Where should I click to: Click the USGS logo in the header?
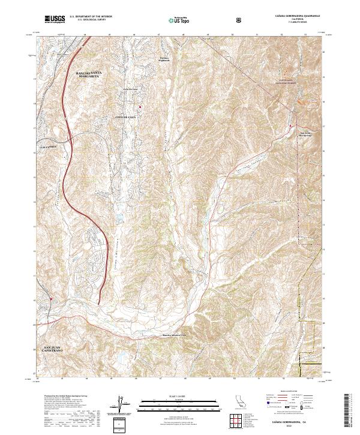pos(55,20)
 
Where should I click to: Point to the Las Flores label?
pos(46,147)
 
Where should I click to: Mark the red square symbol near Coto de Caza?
pos(140,107)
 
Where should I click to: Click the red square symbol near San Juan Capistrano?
pos(52,298)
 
